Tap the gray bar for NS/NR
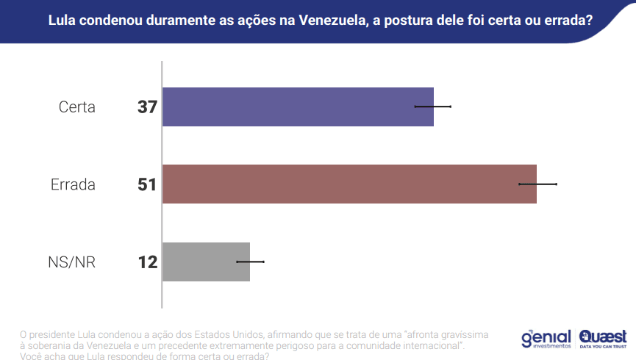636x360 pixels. [x=206, y=262]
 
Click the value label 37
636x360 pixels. [x=147, y=107]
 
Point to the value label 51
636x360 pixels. [x=147, y=184]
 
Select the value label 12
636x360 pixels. [x=148, y=262]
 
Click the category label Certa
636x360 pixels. [x=77, y=107]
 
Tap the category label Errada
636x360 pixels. [x=73, y=184]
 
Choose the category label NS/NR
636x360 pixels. [x=71, y=262]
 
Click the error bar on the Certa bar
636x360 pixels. [x=433, y=107]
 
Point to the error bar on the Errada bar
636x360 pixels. [x=538, y=184]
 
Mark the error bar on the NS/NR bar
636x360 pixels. [x=250, y=262]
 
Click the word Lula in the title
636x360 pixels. [x=62, y=20]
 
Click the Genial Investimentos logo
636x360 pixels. [x=546, y=338]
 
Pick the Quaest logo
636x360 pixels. [x=603, y=337]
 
